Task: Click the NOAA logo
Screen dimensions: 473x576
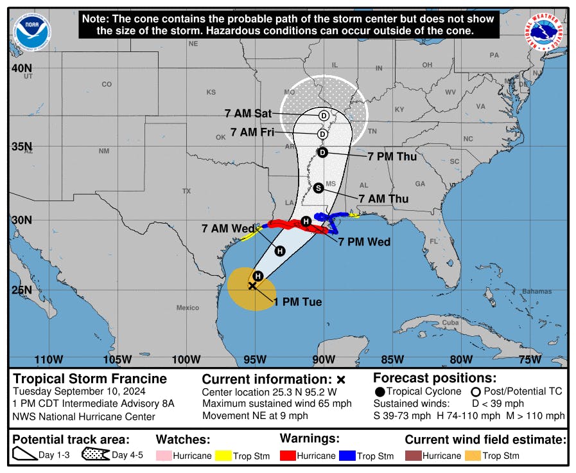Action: pos(31,31)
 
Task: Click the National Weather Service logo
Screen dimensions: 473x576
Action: pos(545,33)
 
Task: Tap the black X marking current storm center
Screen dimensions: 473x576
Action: pos(252,285)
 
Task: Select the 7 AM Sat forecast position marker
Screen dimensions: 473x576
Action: pos(324,116)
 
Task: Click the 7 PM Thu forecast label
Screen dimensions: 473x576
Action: pos(392,156)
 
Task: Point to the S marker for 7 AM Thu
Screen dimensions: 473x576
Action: pos(319,188)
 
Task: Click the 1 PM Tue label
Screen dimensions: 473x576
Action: pos(297,301)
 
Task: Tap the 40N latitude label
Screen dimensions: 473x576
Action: pos(24,68)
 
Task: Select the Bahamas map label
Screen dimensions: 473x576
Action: pos(518,291)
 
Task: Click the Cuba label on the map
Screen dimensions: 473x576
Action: pos(449,322)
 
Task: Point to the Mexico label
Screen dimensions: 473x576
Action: pos(188,308)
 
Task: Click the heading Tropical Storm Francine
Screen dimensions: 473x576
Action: pos(90,379)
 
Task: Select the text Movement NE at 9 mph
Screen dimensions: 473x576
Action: pos(255,416)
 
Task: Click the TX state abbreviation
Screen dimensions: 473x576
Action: pos(186,191)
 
